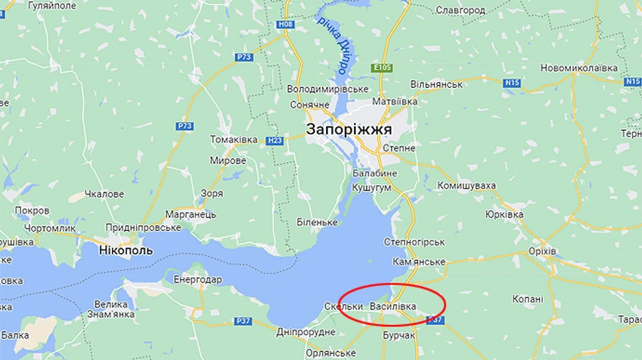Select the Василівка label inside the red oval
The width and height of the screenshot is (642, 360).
pyautogui.click(x=393, y=306)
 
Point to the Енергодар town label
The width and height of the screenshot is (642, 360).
pyautogui.click(x=198, y=279)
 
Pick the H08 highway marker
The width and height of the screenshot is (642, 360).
pyautogui.click(x=286, y=24)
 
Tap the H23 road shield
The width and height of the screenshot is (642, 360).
pyautogui.click(x=275, y=140)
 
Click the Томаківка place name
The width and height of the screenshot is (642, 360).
pyautogui.click(x=233, y=139)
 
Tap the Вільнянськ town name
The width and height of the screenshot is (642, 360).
pyautogui.click(x=437, y=84)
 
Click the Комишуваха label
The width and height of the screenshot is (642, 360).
pyautogui.click(x=467, y=185)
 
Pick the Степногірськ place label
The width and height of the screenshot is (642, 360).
pyautogui.click(x=414, y=242)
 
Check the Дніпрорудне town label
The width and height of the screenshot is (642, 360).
pyautogui.click(x=305, y=332)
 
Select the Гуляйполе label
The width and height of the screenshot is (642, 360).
pyautogui.click(x=51, y=5)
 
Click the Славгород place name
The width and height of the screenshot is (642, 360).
pyautogui.click(x=460, y=10)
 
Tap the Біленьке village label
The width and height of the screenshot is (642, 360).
pyautogui.click(x=317, y=222)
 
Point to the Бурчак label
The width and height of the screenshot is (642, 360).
pyautogui.click(x=399, y=335)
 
